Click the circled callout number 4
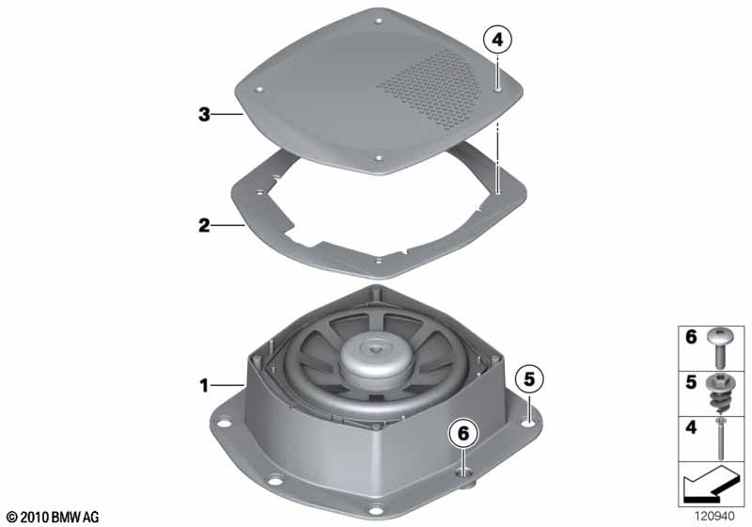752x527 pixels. tap(498, 40)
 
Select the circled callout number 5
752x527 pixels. tap(529, 379)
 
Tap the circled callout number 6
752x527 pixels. tap(463, 434)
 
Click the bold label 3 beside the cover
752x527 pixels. tap(204, 114)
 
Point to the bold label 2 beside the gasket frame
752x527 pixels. tap(204, 225)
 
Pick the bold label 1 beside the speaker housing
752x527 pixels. tap(204, 385)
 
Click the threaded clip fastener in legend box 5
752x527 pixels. tap(719, 392)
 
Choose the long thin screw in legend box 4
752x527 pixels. tap(720, 439)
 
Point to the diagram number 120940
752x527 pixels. tap(714, 516)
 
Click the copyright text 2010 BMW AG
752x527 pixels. tap(52, 517)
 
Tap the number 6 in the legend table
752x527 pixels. tap(691, 337)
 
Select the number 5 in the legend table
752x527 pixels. tap(691, 382)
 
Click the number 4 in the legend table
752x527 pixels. tap(691, 426)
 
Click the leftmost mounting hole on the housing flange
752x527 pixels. tap(223, 423)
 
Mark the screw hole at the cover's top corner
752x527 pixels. tap(379, 21)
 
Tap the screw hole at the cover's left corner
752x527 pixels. tap(259, 89)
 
